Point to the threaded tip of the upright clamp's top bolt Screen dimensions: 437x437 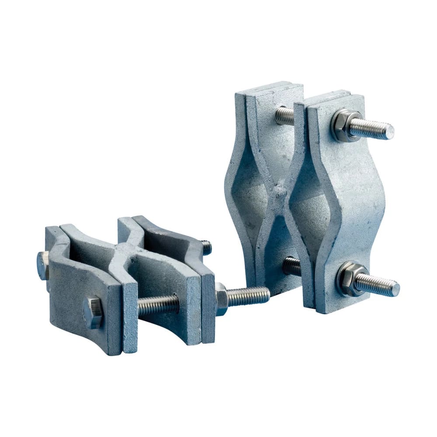[387, 130]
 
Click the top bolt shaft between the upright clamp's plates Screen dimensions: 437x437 [285, 116]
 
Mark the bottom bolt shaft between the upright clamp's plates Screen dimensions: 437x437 [291, 266]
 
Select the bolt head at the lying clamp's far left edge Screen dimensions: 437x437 [42, 266]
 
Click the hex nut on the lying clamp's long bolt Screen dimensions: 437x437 [221, 299]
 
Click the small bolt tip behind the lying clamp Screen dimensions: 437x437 [206, 248]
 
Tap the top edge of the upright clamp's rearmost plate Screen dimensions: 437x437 [269, 87]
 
